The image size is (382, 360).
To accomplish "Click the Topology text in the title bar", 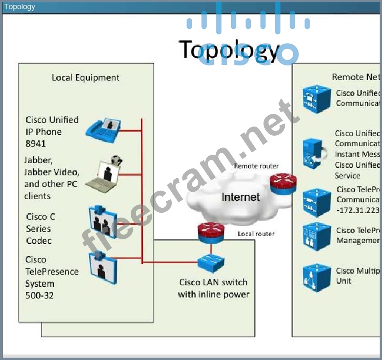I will (x=20, y=7).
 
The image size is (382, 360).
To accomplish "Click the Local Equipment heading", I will (x=86, y=78).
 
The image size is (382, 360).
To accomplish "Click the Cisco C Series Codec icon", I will (x=103, y=221).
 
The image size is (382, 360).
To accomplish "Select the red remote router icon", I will (x=283, y=183).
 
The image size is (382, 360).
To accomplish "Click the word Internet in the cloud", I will (x=241, y=197).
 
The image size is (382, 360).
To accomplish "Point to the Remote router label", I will (x=256, y=166).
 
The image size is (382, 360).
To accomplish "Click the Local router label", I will (x=256, y=234).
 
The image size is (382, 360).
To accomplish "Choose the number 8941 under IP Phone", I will (x=36, y=144).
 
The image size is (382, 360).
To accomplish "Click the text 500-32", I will (x=40, y=296).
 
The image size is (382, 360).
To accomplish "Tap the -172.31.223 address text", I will (x=358, y=210).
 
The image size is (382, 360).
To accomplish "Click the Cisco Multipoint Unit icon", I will (x=317, y=277).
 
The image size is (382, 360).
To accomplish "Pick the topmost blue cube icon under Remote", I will (x=317, y=99).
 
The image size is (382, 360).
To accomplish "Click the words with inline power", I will (x=213, y=294).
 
